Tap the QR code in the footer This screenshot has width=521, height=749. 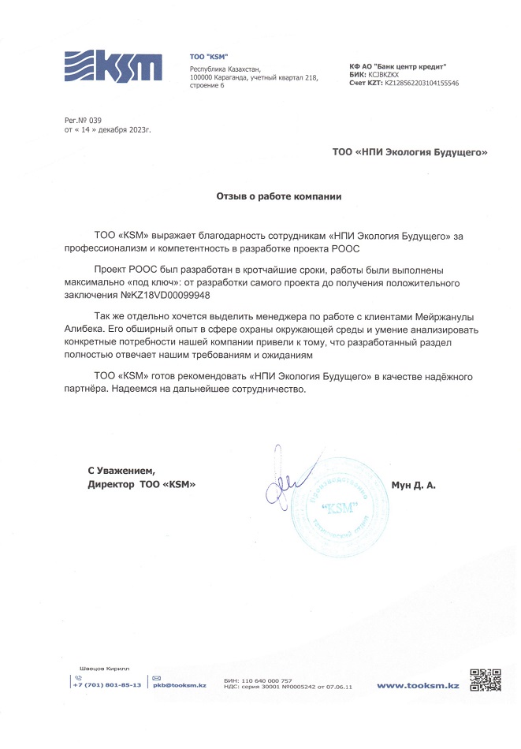tap(486, 680)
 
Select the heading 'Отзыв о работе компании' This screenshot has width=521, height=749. tap(279, 194)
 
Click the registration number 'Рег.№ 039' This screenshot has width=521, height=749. tap(84, 119)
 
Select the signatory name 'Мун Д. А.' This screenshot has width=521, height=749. tap(413, 486)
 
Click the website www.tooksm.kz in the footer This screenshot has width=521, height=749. tap(418, 686)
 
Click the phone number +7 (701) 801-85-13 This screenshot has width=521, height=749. tap(106, 685)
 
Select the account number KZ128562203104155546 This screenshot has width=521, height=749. tap(421, 83)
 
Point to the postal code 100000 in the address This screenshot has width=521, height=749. tap(203, 77)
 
